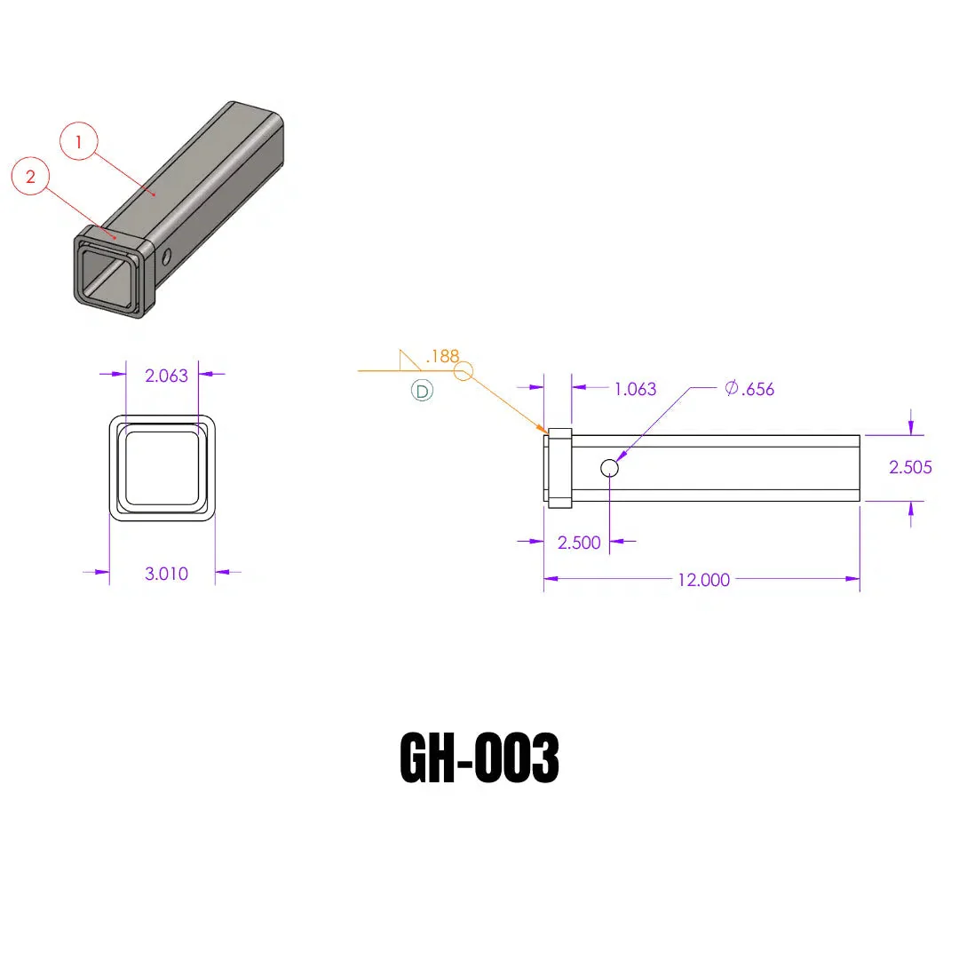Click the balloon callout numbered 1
click(x=78, y=141)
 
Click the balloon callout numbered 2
click(x=30, y=176)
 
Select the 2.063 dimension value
click(x=166, y=376)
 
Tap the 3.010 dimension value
click(x=166, y=574)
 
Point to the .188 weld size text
click(x=441, y=356)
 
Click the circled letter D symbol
click(x=422, y=391)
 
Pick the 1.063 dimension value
click(x=635, y=389)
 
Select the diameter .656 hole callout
click(x=749, y=389)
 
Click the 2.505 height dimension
click(x=910, y=467)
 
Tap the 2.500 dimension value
click(x=579, y=543)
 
